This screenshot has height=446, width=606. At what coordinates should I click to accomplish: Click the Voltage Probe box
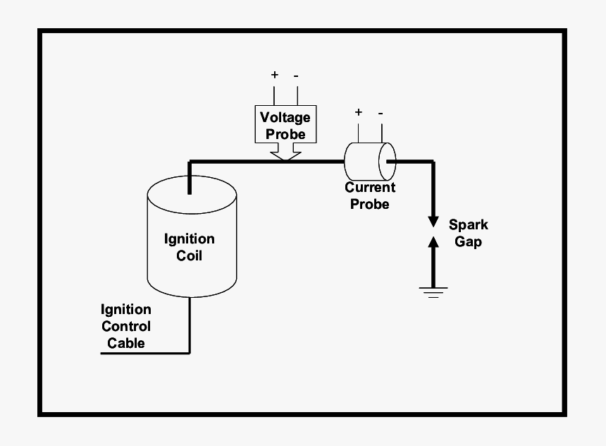pos(285,125)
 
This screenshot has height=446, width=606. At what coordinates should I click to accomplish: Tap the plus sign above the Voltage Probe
pos(274,75)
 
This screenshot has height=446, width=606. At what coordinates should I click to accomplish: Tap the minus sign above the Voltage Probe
pos(297,75)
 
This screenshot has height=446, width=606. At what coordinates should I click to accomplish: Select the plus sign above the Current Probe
pos(358,112)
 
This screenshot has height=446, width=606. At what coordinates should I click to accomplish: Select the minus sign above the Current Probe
pos(381,112)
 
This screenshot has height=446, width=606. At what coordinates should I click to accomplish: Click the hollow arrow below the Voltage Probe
pos(285,152)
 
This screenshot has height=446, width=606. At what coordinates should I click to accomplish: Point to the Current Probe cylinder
pos(369,161)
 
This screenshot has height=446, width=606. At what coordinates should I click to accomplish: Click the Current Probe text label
pos(370,195)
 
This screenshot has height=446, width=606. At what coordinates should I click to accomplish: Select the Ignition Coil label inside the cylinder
pos(189,247)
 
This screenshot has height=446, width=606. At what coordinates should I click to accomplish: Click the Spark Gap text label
pos(469,233)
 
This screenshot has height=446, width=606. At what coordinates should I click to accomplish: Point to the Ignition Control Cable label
pos(126,326)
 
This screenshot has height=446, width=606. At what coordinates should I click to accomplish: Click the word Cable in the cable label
pos(126,343)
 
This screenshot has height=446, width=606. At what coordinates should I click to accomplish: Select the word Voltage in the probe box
pos(285,117)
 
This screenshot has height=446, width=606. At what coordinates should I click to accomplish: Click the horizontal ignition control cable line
pos(144,352)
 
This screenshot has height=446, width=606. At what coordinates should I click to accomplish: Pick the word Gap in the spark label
pos(469,241)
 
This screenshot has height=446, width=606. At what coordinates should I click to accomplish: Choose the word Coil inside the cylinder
pos(189,255)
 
